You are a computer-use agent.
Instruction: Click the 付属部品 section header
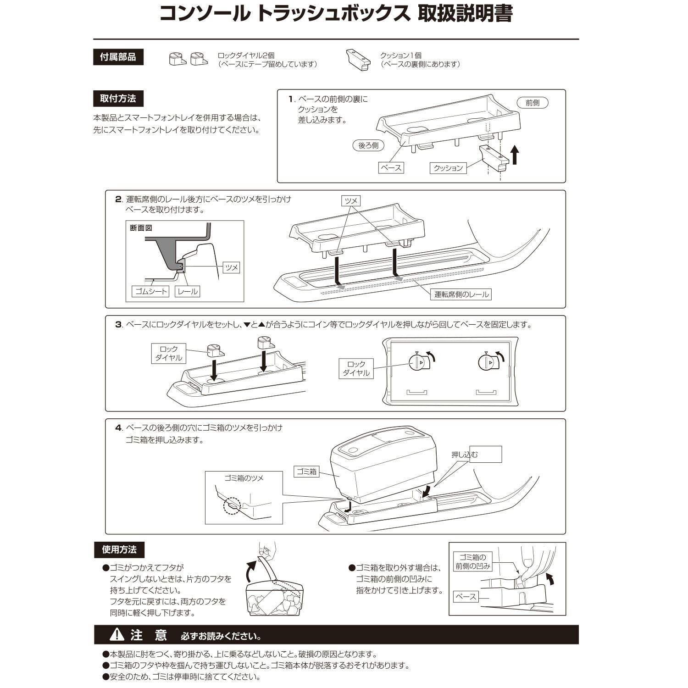pyautogui.click(x=118, y=57)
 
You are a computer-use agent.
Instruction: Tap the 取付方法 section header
pyautogui.click(x=118, y=98)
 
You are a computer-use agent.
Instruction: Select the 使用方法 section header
pyautogui.click(x=119, y=549)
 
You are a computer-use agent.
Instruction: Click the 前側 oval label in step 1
pyautogui.click(x=532, y=103)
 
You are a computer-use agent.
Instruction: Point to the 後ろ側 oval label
pyautogui.click(x=368, y=145)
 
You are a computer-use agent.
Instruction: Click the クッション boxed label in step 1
pyautogui.click(x=448, y=168)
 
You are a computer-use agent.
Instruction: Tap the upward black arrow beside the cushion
pyautogui.click(x=515, y=155)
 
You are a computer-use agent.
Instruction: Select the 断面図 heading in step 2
pyautogui.click(x=141, y=228)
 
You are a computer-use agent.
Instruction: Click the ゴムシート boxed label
pyautogui.click(x=151, y=291)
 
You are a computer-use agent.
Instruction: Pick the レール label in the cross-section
pyautogui.click(x=187, y=291)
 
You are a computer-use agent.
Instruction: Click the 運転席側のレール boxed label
pyautogui.click(x=461, y=294)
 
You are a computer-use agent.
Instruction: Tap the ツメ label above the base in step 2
pyautogui.click(x=351, y=200)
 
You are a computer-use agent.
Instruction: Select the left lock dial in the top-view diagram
pyautogui.click(x=417, y=362)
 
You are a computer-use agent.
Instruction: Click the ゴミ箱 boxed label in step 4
pyautogui.click(x=306, y=472)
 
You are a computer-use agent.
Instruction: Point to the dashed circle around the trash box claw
pyautogui.click(x=232, y=506)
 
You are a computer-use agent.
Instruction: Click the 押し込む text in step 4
pyautogui.click(x=464, y=455)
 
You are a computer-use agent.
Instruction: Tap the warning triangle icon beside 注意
pyautogui.click(x=117, y=635)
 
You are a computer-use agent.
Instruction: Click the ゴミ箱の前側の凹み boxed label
pyautogui.click(x=472, y=562)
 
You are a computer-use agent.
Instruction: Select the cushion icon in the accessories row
pyautogui.click(x=358, y=60)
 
